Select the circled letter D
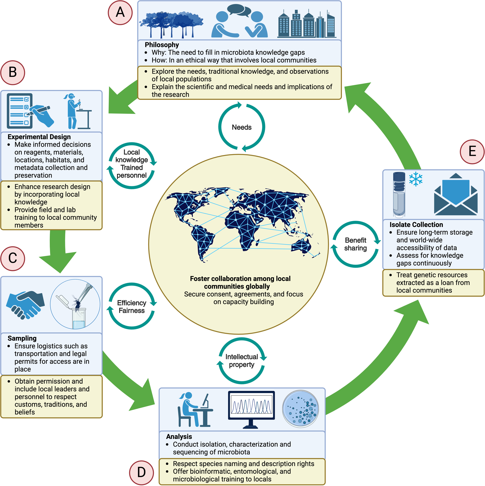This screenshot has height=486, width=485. click(x=141, y=472)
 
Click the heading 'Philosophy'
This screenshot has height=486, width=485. click(x=162, y=45)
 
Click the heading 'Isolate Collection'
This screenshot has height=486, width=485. click(x=416, y=225)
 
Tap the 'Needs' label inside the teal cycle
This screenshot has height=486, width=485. click(x=241, y=127)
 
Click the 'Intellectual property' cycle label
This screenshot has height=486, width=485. click(x=241, y=361)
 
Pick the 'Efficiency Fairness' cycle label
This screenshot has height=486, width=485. click(x=131, y=306)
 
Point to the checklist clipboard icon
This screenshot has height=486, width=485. click(x=20, y=111)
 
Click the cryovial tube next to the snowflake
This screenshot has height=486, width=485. click(x=399, y=194)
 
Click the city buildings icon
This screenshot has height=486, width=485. click(x=307, y=25)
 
